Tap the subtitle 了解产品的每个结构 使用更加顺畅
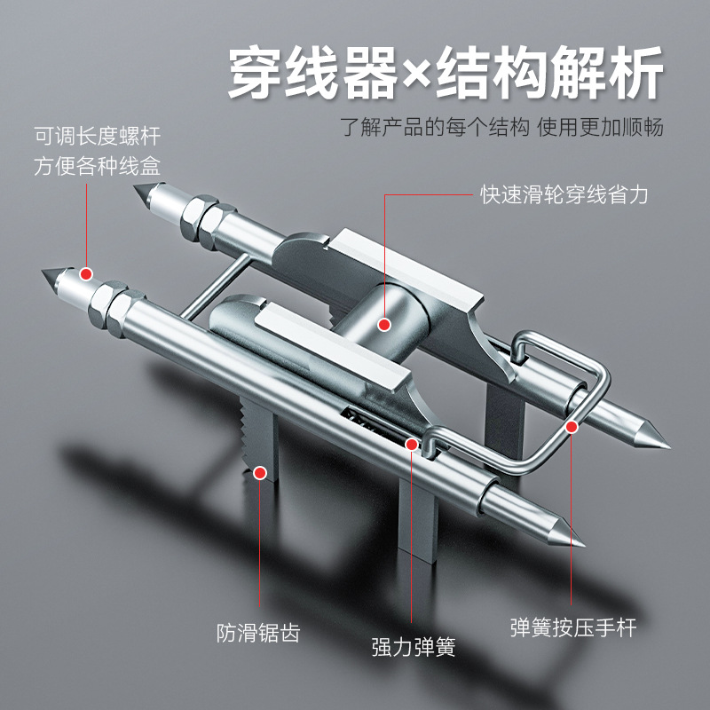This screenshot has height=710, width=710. coord(502,126)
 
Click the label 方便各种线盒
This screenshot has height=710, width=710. coord(98,165)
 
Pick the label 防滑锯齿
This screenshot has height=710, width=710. coord(258,634)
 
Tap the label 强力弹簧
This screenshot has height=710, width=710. coord(413,647)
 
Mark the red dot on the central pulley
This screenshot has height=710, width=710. coord(384,325)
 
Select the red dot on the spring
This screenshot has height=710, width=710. coord(412,443)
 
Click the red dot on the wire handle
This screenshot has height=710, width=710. coord(572,427)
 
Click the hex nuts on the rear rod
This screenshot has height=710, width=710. coord(201,221)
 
